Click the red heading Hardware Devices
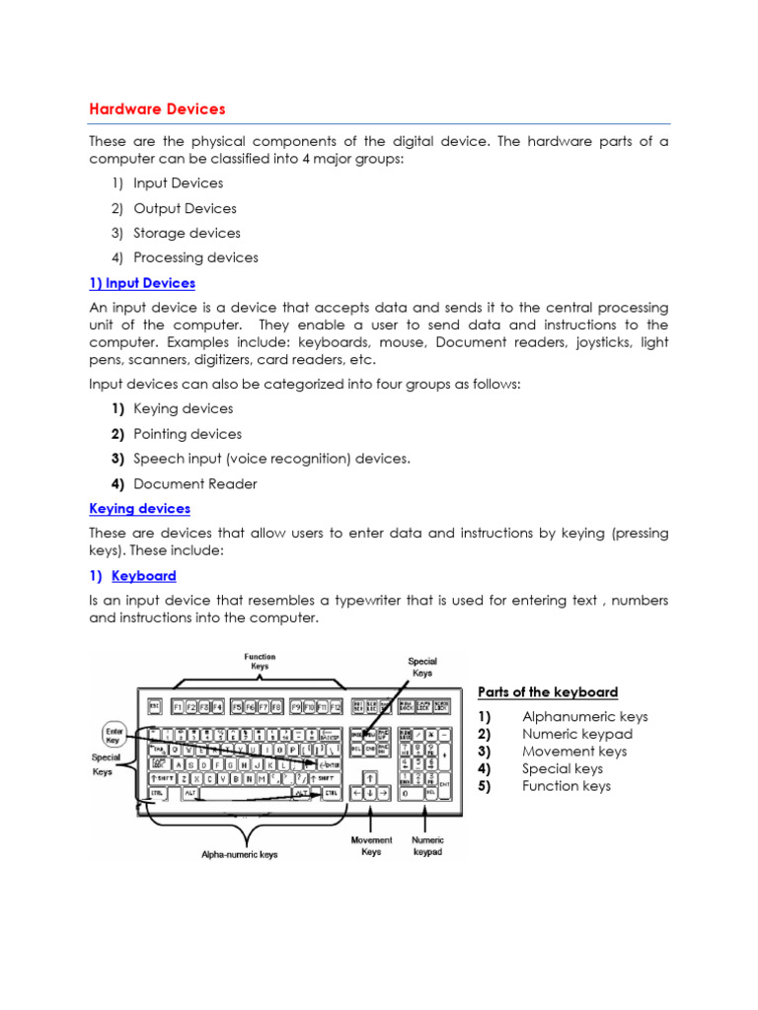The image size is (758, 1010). [157, 108]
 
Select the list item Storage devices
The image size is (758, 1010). [187, 233]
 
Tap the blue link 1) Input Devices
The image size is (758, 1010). [142, 283]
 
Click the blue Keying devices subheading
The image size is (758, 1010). [139, 509]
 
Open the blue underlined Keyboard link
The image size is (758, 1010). [144, 576]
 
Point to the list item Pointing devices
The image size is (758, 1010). [187, 434]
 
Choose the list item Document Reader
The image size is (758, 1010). [194, 483]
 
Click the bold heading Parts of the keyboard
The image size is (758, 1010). [548, 692]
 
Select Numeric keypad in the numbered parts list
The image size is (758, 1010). [577, 734]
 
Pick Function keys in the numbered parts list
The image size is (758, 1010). [567, 786]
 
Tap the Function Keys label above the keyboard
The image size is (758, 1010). [261, 661]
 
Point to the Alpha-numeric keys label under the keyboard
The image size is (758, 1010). [239, 854]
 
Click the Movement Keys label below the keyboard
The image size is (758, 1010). [371, 845]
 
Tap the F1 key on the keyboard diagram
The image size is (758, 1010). [179, 706]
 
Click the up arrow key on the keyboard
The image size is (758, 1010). [368, 777]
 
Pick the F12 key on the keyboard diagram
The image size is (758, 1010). [335, 706]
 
